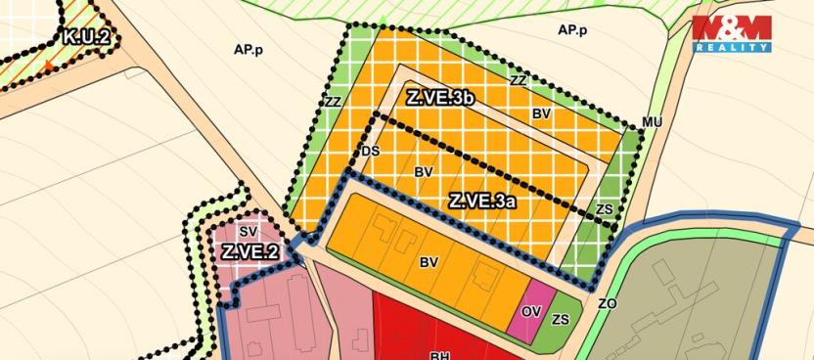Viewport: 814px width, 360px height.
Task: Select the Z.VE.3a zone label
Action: point(482,202)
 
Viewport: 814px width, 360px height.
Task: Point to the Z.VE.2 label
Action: point(249,251)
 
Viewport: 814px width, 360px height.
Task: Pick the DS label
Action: point(370,151)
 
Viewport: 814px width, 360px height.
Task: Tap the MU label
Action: point(653,121)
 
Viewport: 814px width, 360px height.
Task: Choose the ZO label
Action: point(608,304)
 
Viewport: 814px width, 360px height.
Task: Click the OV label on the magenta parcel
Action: point(531,311)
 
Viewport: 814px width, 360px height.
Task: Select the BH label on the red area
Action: point(439,355)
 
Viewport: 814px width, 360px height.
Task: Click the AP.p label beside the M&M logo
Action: point(572,30)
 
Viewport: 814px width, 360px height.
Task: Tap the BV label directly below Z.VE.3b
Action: point(541,114)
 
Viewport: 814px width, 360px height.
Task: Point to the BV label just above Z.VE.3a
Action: point(424,172)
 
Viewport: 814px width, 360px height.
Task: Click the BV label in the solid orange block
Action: point(429,262)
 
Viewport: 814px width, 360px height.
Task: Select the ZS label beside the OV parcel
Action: point(561,319)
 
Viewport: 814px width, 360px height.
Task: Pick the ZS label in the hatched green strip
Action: point(604,209)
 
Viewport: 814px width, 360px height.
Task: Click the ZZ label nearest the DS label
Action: point(333,102)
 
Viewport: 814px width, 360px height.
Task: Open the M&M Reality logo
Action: point(733,33)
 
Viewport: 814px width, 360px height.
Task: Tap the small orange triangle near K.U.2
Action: point(48,66)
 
